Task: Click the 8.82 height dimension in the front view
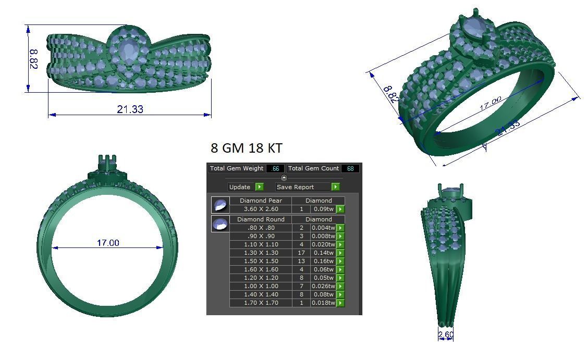(x=33, y=59)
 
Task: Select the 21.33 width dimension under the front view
(x=130, y=109)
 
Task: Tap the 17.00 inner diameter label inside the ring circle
(x=108, y=243)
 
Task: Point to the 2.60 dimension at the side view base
(x=446, y=334)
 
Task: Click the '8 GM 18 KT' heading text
(x=246, y=148)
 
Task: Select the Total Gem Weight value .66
(x=275, y=168)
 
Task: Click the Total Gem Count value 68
(x=350, y=168)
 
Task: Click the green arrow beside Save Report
(x=335, y=187)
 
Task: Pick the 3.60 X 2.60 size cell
(x=260, y=209)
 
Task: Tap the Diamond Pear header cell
(x=260, y=201)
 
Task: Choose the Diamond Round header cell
(x=260, y=219)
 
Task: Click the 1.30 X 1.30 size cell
(x=260, y=253)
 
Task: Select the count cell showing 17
(x=301, y=253)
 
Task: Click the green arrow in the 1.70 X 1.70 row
(x=340, y=303)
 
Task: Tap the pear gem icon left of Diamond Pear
(x=220, y=205)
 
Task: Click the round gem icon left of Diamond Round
(x=220, y=224)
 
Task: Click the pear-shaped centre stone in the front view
(x=128, y=51)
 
